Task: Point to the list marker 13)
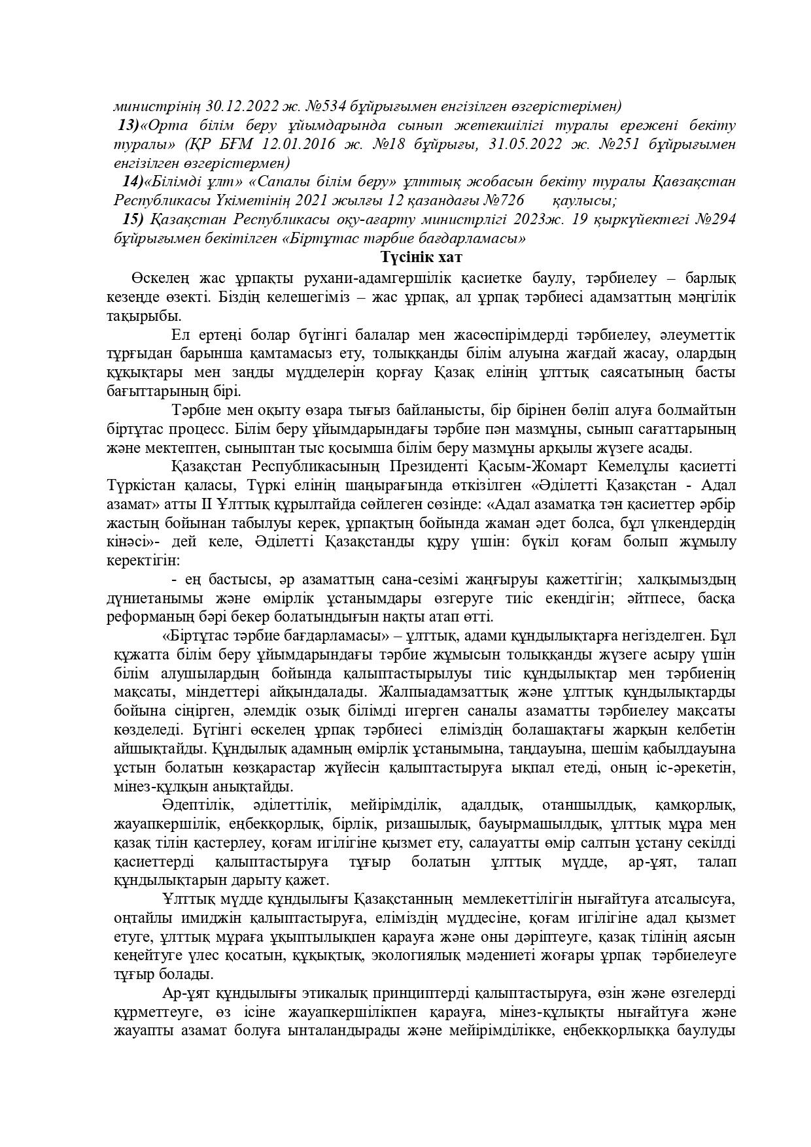point(128,125)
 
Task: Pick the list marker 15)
point(133,219)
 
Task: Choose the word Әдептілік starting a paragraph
point(196,805)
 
